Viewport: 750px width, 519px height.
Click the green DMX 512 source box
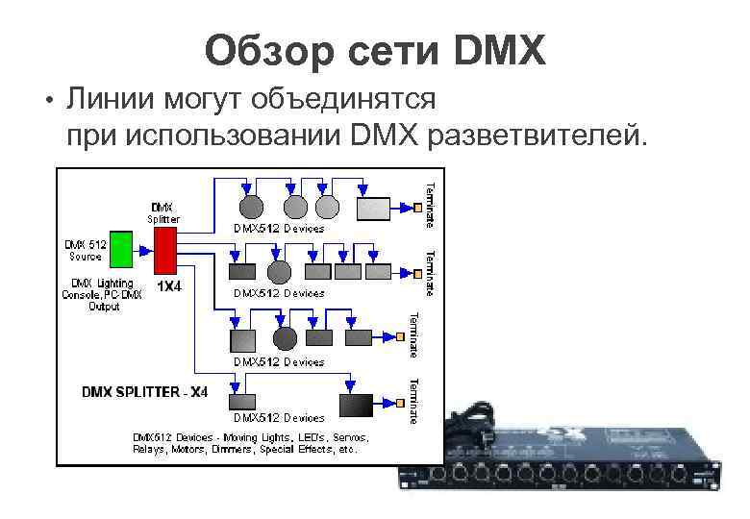[x=120, y=249]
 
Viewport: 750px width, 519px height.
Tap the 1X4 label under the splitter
[x=170, y=286]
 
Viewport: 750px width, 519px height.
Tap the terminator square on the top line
[x=418, y=207]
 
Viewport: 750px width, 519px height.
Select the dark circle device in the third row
[x=285, y=337]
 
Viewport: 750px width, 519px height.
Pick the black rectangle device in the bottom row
[x=358, y=405]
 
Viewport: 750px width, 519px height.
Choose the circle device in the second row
[x=279, y=272]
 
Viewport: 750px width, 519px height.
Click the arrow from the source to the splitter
[x=141, y=249]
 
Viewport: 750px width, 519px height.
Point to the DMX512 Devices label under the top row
[x=279, y=230]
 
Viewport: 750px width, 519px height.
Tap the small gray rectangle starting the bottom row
[x=239, y=402]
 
